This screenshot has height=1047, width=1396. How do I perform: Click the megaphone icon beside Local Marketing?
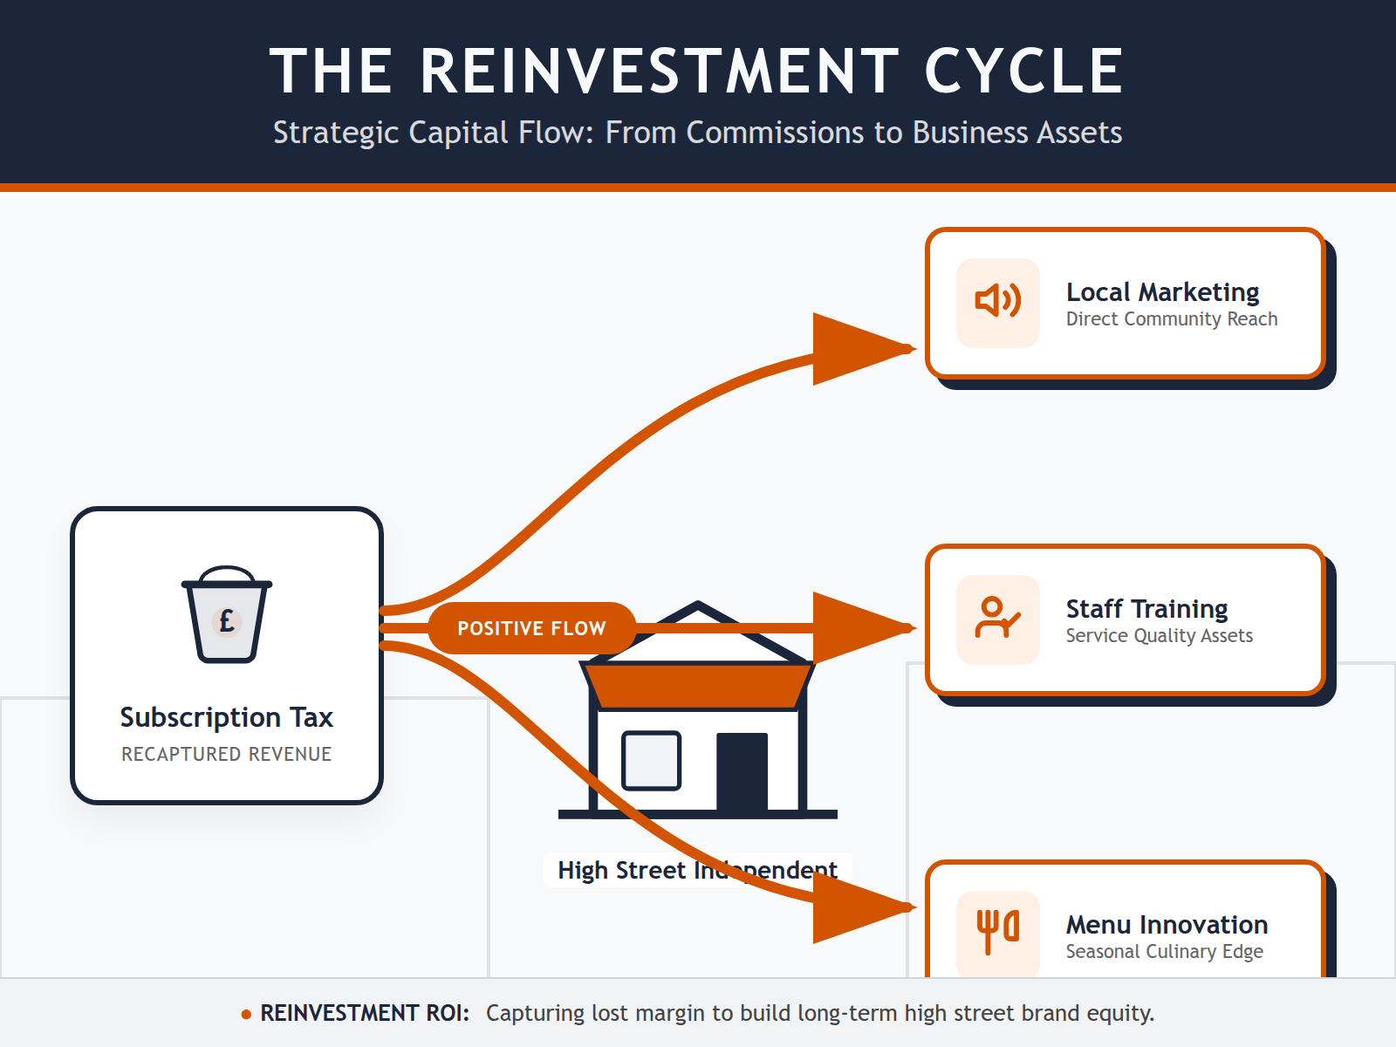click(997, 302)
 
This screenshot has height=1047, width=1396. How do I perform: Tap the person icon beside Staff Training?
click(997, 618)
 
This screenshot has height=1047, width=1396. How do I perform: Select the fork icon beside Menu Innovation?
click(997, 932)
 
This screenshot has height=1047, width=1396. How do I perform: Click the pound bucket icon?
click(227, 615)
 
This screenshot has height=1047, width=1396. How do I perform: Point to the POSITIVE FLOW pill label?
click(531, 628)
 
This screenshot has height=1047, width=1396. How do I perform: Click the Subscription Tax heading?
click(227, 717)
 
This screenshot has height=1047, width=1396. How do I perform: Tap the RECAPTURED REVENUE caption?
click(227, 754)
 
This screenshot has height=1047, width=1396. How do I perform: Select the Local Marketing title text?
click(1162, 291)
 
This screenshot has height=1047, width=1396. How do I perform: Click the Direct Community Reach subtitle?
click(1171, 319)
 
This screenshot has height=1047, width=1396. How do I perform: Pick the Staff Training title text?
click(1146, 608)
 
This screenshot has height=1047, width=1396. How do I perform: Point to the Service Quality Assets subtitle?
click(1159, 636)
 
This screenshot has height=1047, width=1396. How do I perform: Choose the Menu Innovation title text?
click(1167, 924)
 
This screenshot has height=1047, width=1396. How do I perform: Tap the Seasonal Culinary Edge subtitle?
click(1164, 952)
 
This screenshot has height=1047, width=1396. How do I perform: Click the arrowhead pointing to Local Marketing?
click(859, 349)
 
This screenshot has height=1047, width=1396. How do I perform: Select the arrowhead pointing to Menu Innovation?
click(859, 907)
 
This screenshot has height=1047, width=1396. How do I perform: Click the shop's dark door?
click(742, 772)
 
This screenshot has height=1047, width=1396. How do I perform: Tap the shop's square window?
click(651, 760)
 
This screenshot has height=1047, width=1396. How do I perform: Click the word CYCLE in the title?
click(1023, 72)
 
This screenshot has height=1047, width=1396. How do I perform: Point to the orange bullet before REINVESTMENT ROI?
click(246, 1014)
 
